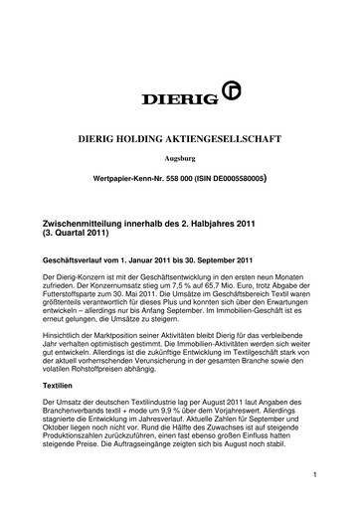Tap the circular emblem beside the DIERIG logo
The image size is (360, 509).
click(210, 98)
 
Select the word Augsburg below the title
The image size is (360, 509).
click(179, 159)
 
